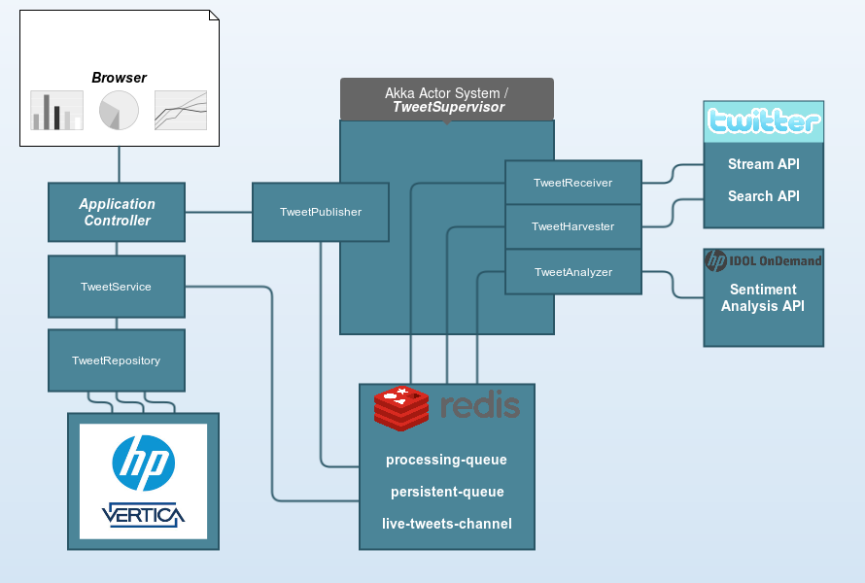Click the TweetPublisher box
320,212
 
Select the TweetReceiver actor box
572,183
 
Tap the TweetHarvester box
572,226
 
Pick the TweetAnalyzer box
572,272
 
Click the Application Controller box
117,212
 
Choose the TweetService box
116,287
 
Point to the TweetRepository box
116,360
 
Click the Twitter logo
763,121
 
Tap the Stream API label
763,164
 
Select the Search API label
763,196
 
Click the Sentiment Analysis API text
763,297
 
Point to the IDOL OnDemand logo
763,260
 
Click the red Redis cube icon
400,408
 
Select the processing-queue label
446,460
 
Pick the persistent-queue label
446,492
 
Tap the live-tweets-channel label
446,524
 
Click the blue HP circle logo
143,463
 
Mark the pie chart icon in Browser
119,110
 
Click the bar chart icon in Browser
57,111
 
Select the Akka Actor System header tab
446,99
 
